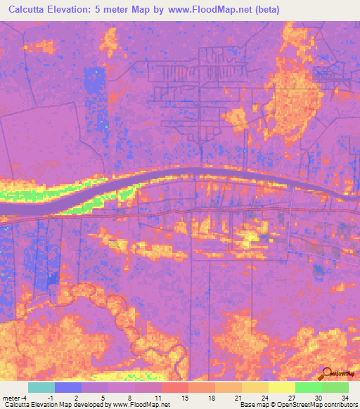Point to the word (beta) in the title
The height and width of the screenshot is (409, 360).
pos(266,10)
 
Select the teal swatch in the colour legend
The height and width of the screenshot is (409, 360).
pos(41,387)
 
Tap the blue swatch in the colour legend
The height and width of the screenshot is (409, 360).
pos(67,387)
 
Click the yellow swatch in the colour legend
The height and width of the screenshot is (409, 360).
pos(281,387)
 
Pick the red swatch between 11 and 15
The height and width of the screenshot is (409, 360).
pos(174,387)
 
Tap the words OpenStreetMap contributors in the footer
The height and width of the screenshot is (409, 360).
pos(320,405)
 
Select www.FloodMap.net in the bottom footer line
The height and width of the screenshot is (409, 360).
pos(141,405)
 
